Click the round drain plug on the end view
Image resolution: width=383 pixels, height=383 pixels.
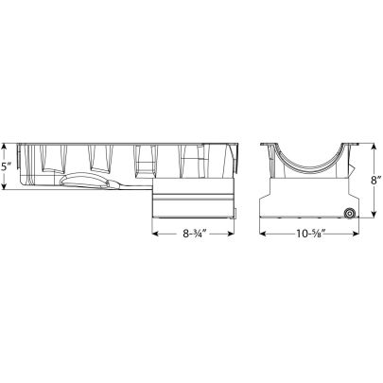tap(350, 215)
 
